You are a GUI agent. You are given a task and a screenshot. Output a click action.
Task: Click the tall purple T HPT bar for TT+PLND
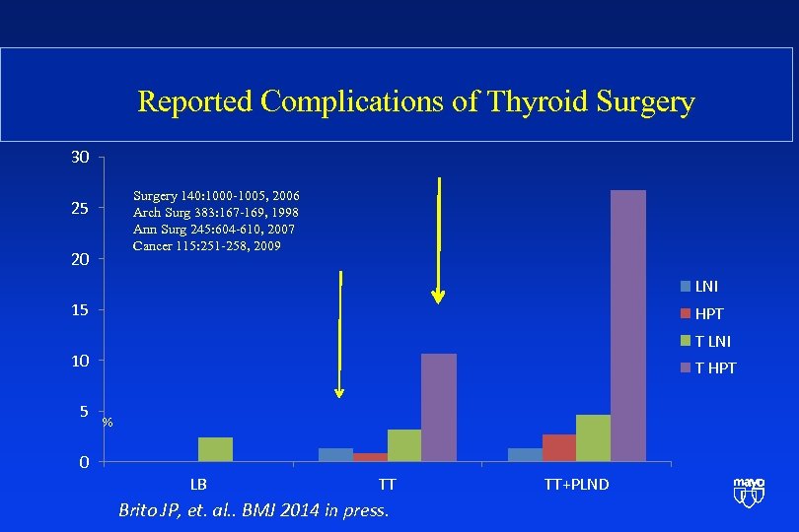click(x=628, y=325)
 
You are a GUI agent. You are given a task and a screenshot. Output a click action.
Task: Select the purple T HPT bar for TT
click(x=438, y=407)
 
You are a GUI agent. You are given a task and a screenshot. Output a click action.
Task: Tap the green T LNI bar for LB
click(x=215, y=449)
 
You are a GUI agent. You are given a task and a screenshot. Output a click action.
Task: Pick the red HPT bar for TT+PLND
click(x=559, y=447)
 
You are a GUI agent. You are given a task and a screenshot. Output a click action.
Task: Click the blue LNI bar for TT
click(x=335, y=454)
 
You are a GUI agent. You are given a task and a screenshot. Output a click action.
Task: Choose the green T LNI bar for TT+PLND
click(x=593, y=437)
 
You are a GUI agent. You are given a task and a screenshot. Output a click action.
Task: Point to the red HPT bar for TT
click(x=370, y=457)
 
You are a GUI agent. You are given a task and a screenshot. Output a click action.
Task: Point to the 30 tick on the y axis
click(x=80, y=158)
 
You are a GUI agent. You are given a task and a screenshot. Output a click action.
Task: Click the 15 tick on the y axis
click(x=80, y=310)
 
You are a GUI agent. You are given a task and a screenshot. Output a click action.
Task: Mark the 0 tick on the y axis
click(x=84, y=462)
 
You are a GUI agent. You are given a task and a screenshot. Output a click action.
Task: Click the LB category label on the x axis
click(x=198, y=485)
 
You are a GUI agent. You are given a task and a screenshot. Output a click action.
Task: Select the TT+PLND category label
click(x=576, y=485)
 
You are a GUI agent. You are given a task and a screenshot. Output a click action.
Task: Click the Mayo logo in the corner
click(x=749, y=491)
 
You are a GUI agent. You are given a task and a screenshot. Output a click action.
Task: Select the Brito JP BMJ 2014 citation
click(x=254, y=510)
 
